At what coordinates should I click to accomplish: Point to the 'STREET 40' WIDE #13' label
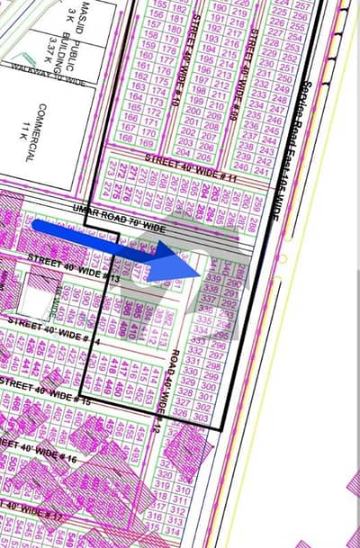74,271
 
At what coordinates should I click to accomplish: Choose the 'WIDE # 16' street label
49,450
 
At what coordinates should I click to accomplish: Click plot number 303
202,418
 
